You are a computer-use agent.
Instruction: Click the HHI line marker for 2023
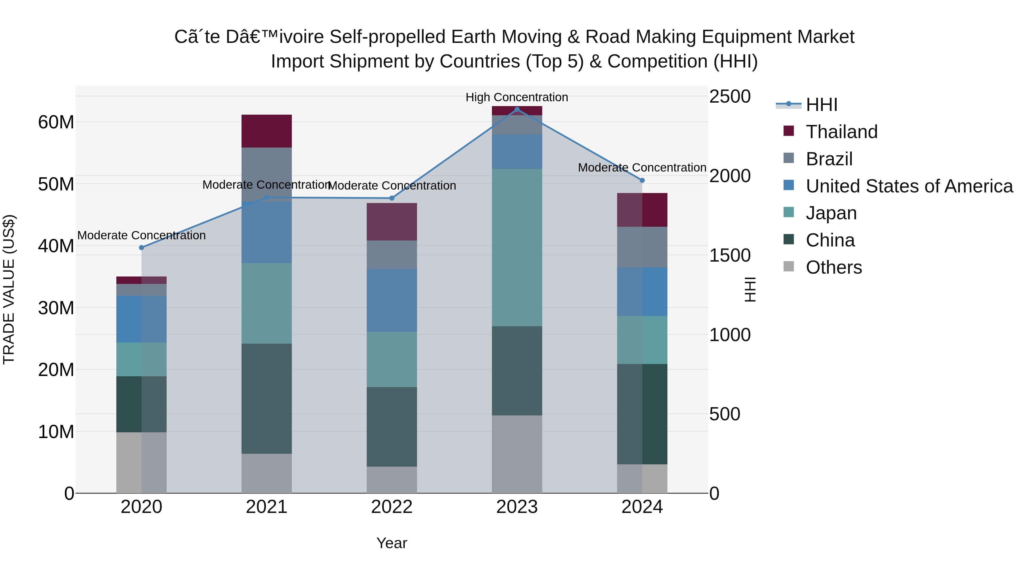pyautogui.click(x=517, y=110)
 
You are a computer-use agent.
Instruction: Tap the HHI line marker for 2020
pyautogui.click(x=141, y=248)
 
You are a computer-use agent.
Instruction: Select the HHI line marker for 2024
pyautogui.click(x=642, y=181)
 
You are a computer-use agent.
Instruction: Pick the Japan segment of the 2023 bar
pyautogui.click(x=517, y=247)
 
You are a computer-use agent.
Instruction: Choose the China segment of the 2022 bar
pyautogui.click(x=392, y=427)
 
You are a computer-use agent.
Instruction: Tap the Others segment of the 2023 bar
pyautogui.click(x=517, y=454)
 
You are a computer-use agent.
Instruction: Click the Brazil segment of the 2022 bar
pyautogui.click(x=392, y=255)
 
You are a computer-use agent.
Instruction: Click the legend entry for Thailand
pyautogui.click(x=841, y=132)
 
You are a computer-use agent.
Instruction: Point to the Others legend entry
pyautogui.click(x=834, y=267)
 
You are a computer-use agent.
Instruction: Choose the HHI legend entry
pyautogui.click(x=821, y=105)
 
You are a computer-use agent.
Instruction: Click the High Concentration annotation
pyautogui.click(x=517, y=97)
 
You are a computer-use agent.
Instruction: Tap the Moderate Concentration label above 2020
pyautogui.click(x=141, y=235)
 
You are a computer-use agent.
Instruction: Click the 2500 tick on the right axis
pyautogui.click(x=730, y=96)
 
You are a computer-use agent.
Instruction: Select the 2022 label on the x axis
pyautogui.click(x=392, y=507)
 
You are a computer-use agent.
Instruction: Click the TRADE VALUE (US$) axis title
pyautogui.click(x=9, y=289)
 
